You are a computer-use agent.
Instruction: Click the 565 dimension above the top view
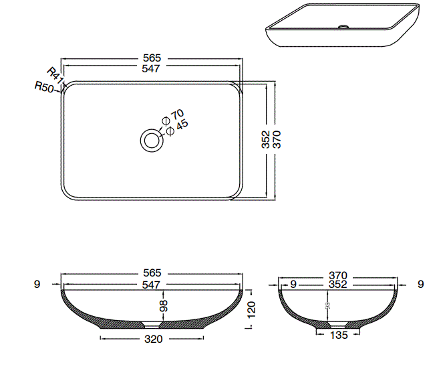pos(152,58)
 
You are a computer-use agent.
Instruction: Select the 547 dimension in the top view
pos(152,68)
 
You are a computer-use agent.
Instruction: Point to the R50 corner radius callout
pos(44,88)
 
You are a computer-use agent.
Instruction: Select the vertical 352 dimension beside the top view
pos(265,139)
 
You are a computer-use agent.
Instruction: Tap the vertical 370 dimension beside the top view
pos(277,139)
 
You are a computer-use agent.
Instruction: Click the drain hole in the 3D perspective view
pos(343,27)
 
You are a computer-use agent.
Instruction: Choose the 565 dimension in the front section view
pos(152,273)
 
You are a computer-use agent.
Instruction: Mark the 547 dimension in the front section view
pos(152,285)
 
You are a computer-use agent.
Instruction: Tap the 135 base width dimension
pos(339,335)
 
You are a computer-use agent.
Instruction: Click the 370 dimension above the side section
pos(339,275)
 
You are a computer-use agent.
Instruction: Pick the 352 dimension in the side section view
pos(339,285)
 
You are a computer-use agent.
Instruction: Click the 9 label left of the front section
pos(37,284)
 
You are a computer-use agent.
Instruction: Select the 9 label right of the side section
pos(420,284)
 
